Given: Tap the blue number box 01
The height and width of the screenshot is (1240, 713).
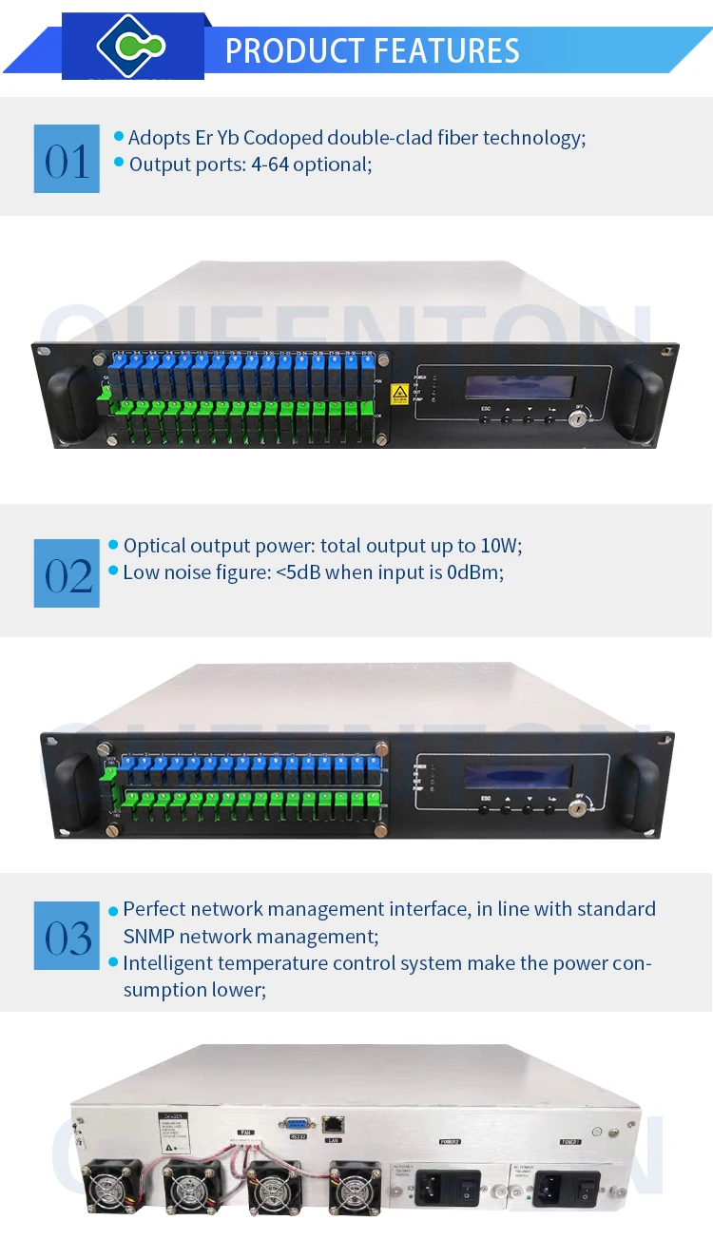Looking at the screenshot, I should click(67, 159).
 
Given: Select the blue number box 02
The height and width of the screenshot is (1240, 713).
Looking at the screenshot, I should click(67, 573).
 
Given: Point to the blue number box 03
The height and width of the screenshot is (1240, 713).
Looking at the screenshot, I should click(67, 936).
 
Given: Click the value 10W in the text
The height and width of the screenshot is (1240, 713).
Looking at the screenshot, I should click(502, 546).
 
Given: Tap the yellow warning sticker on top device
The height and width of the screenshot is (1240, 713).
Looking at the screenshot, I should click(400, 393).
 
